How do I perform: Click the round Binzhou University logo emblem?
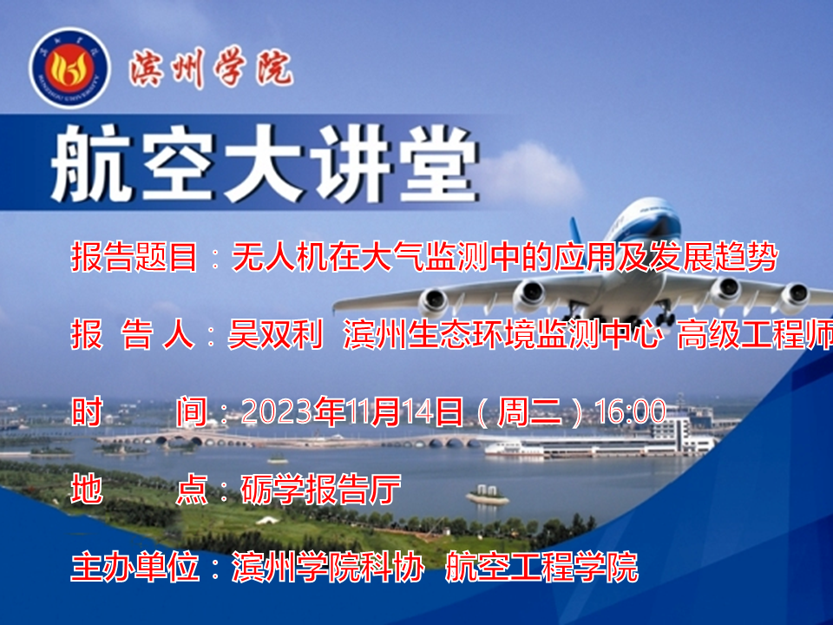(69, 68)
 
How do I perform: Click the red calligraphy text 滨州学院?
(211, 68)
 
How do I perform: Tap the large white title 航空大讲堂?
(264, 163)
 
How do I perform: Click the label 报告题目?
(134, 257)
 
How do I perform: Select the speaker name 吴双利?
(275, 334)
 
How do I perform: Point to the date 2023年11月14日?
(351, 411)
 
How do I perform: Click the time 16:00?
(630, 411)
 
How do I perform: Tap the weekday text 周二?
(529, 411)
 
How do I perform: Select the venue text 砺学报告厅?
(321, 489)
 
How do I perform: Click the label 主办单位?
(135, 567)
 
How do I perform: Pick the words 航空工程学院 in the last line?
(541, 567)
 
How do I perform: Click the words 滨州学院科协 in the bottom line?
(328, 567)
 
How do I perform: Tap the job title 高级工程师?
(755, 334)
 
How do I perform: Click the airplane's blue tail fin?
(578, 238)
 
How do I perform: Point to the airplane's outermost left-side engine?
(434, 302)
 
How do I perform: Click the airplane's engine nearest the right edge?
(794, 297)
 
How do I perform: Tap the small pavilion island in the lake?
(487, 496)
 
